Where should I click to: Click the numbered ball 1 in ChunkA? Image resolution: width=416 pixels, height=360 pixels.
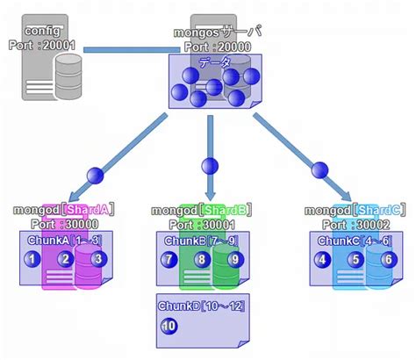pyautogui.click(x=32, y=259)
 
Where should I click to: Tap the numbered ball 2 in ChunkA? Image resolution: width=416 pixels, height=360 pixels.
pyautogui.click(x=65, y=259)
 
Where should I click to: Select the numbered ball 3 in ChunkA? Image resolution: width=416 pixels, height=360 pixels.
pyautogui.click(x=98, y=259)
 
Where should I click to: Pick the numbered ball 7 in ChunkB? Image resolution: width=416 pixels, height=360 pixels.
pyautogui.click(x=169, y=259)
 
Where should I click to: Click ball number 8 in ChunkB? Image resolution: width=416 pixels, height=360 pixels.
pyautogui.click(x=202, y=259)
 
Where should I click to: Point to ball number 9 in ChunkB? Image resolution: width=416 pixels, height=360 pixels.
pyautogui.click(x=234, y=259)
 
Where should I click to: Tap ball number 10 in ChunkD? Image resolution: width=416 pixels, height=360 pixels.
pyautogui.click(x=169, y=326)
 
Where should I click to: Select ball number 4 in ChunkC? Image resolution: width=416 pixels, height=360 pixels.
pyautogui.click(x=323, y=259)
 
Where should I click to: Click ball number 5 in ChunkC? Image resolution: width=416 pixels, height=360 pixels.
pyautogui.click(x=355, y=259)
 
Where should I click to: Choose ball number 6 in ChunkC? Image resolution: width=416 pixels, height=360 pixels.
pyautogui.click(x=387, y=259)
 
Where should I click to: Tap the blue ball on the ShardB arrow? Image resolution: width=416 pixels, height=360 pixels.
pyautogui.click(x=209, y=164)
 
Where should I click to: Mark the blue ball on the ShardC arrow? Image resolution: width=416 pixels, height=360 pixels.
pyautogui.click(x=319, y=169)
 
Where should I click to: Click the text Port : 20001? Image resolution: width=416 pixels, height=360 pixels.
pyautogui.click(x=43, y=44)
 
